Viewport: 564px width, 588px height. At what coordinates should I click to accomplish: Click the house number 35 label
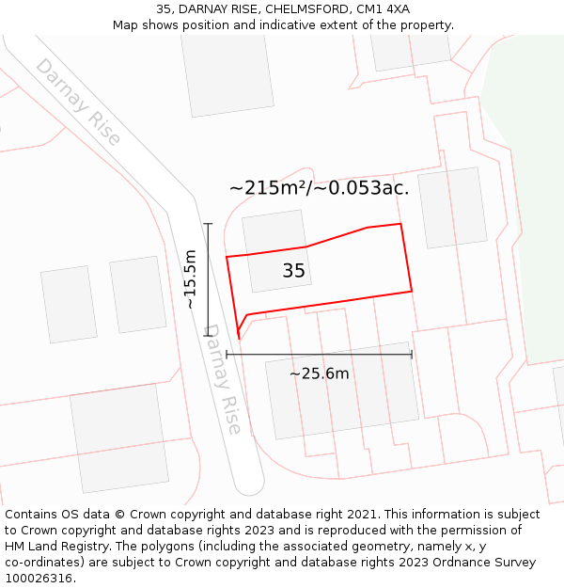(293, 271)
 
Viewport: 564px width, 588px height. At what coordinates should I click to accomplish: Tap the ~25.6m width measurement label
(319, 373)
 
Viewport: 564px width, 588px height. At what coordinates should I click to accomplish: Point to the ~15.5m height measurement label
(190, 279)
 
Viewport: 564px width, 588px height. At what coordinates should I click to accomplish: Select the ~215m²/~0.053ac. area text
(319, 187)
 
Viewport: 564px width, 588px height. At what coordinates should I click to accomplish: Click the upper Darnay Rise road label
(78, 102)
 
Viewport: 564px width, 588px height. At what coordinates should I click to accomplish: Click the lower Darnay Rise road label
(223, 379)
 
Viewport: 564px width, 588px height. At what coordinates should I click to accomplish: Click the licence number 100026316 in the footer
(39, 579)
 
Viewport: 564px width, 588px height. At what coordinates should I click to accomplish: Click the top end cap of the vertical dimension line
(208, 224)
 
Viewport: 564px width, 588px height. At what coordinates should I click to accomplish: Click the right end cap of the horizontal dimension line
(412, 354)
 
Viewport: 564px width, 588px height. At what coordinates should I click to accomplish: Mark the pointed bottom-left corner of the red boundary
(239, 338)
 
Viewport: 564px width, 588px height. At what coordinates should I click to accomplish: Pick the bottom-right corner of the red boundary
(412, 292)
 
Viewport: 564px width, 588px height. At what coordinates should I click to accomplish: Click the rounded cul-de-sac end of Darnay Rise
(249, 485)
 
